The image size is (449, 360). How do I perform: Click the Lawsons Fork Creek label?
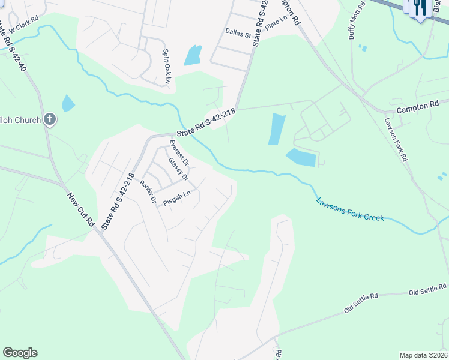(x=350, y=209)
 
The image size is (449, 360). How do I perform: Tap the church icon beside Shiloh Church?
(x=50, y=119)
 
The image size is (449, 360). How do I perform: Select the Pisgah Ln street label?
(x=177, y=195)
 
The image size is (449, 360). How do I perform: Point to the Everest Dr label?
(x=179, y=152)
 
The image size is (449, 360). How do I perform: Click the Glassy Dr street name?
(x=178, y=169)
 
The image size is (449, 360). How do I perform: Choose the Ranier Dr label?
(x=148, y=191)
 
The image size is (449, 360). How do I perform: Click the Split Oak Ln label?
(x=167, y=67)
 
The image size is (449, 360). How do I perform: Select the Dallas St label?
(x=238, y=35)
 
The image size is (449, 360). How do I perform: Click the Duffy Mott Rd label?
(x=357, y=21)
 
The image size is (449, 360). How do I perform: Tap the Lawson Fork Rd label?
(x=396, y=138)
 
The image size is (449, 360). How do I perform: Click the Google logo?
(x=20, y=353)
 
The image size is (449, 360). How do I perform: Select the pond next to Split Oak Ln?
(x=193, y=55)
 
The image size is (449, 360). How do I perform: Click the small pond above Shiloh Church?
(x=68, y=103)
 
